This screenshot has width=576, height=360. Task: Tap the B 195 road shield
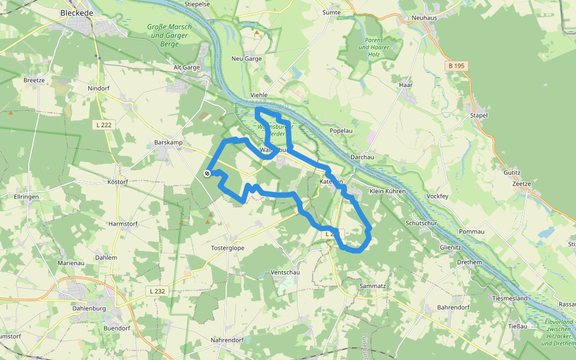(457, 65)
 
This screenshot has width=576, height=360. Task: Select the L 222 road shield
(104, 125)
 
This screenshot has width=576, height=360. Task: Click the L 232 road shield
(157, 291)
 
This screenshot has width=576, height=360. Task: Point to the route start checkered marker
(207, 173)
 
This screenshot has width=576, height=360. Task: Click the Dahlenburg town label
(88, 308)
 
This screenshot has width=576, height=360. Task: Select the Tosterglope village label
(227, 248)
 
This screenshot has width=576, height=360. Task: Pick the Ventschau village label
(285, 272)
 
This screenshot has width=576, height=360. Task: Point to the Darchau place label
(362, 157)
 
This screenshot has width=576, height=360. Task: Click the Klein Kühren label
(388, 191)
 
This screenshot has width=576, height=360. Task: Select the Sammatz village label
(373, 286)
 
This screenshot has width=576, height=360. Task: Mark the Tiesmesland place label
(509, 298)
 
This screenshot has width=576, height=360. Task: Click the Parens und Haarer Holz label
(374, 47)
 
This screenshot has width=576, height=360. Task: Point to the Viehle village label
(259, 95)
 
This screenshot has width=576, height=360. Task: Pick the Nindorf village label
(98, 88)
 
